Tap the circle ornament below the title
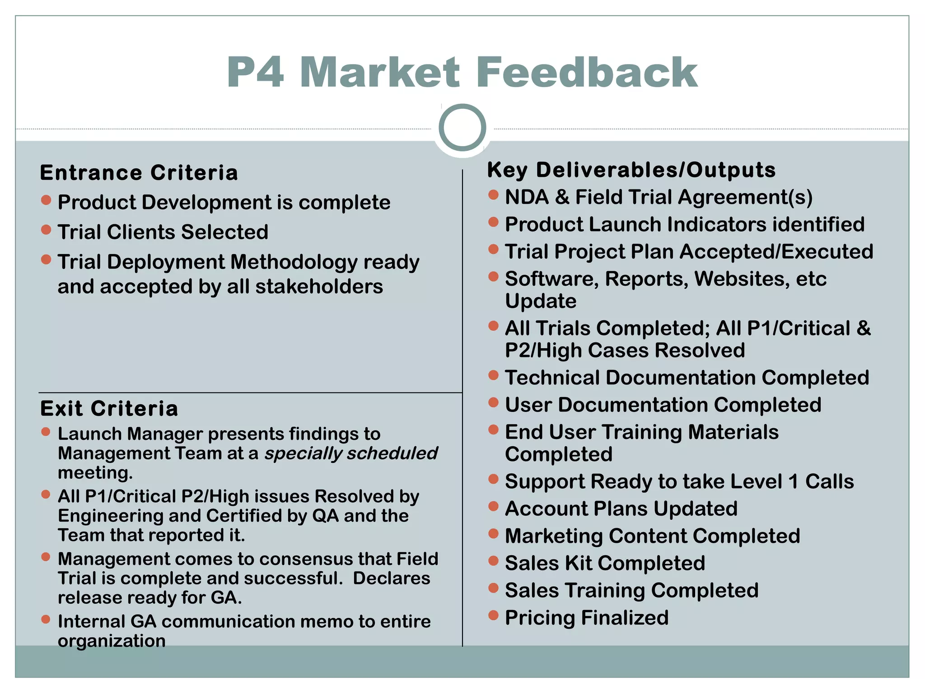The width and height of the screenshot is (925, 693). tap(462, 128)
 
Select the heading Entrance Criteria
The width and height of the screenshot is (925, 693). tap(139, 173)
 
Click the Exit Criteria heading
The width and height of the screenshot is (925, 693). tap(109, 409)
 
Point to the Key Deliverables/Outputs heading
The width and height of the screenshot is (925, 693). tap(631, 170)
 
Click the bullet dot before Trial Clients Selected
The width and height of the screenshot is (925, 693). tap(46, 230)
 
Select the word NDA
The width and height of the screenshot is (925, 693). tap(527, 197)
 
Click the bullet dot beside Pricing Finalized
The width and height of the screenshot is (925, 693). tap(493, 615)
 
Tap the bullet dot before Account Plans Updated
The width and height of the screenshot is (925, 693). tap(493, 506)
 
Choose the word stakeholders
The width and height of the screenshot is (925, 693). tap(319, 287)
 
